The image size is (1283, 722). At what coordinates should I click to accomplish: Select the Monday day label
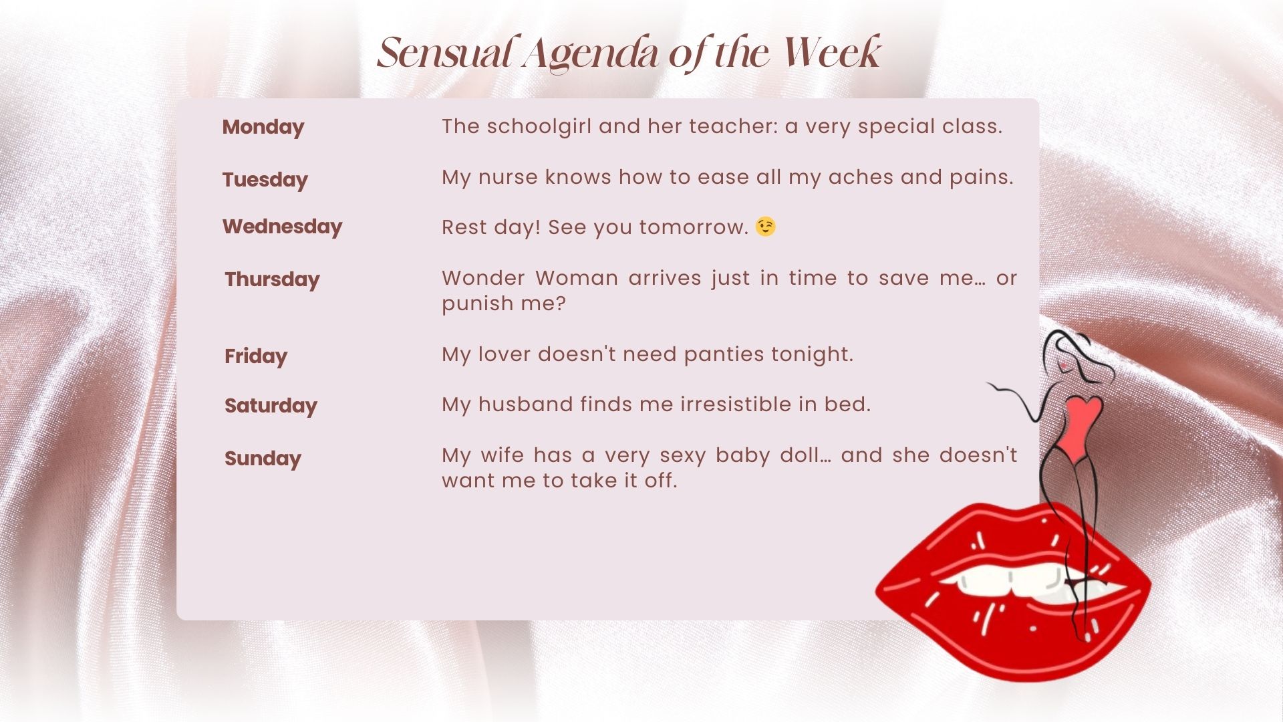[x=263, y=127]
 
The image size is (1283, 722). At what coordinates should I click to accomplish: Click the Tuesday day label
[x=265, y=180]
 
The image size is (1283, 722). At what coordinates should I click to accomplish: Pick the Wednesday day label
[x=282, y=227]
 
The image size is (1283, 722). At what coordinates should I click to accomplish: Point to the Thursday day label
[x=272, y=279]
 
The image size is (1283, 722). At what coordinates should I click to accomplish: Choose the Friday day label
[x=256, y=356]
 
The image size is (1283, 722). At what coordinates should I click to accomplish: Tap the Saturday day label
[x=271, y=406]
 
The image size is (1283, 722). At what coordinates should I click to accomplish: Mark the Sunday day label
[x=263, y=459]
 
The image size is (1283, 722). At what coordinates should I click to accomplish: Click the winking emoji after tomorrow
[x=766, y=227]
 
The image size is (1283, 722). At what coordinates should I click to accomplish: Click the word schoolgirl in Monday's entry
[x=539, y=126]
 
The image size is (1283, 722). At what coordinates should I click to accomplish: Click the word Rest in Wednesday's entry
[x=463, y=227]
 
